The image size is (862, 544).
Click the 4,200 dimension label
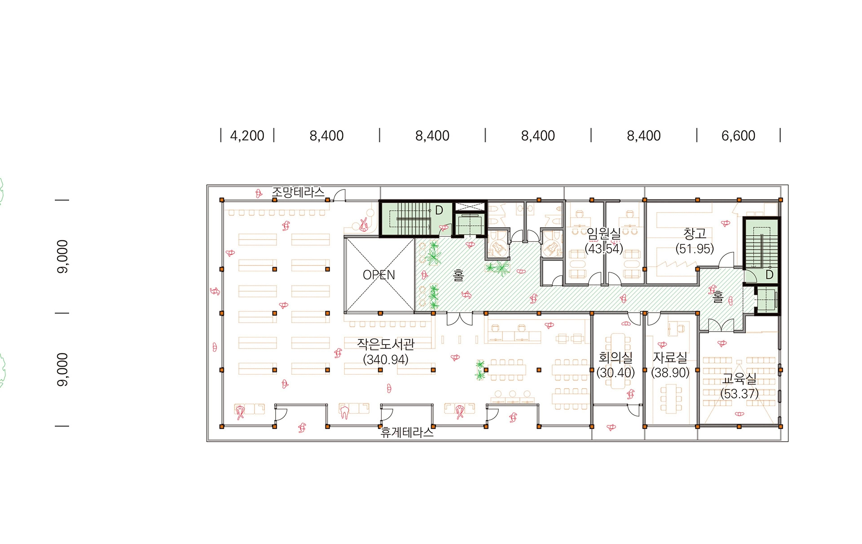247,136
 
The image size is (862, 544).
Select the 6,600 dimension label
738,136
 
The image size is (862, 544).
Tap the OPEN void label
379,275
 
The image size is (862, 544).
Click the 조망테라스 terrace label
298,192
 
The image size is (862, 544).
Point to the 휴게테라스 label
407,432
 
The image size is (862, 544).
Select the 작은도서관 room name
386,344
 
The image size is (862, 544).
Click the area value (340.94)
386,359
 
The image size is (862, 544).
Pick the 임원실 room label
604,233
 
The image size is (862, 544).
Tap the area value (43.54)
604,248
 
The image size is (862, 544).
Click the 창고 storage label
695,233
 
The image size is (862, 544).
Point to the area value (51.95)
695,248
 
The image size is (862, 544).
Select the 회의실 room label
616,358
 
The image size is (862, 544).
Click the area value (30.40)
616,373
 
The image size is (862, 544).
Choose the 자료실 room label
670,358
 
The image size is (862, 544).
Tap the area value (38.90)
670,373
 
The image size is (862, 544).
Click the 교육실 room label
739,379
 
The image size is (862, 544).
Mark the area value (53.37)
739,394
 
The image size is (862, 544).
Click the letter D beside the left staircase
439,210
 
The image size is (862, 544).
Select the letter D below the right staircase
770,274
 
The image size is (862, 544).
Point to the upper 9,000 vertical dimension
63,257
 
